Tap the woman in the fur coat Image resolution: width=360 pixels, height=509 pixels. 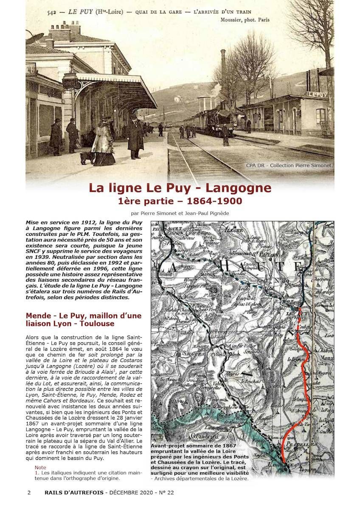103,142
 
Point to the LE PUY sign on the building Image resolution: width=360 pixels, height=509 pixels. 318,94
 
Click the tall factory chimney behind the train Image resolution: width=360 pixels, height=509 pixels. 223,68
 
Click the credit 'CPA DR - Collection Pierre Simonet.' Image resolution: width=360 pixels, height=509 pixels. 290,165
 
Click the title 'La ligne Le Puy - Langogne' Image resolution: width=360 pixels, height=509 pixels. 180,188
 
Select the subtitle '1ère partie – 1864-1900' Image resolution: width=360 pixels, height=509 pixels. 180,201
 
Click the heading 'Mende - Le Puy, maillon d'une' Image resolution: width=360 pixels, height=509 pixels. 84,316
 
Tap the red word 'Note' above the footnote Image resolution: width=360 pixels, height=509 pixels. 40,467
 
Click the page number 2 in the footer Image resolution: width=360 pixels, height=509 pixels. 29,492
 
